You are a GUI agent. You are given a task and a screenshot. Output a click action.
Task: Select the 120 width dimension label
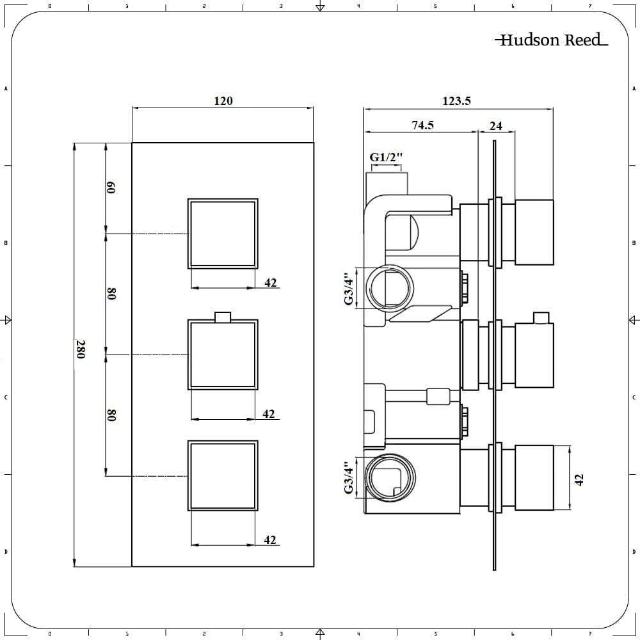223,101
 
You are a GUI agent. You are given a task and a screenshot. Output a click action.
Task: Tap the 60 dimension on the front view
111,188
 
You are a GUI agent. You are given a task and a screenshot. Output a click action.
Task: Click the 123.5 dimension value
456,101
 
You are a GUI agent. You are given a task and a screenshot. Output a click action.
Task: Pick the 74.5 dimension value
422,125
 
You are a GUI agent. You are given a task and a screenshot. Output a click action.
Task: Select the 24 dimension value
496,126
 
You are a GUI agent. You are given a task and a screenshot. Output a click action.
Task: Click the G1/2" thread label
387,157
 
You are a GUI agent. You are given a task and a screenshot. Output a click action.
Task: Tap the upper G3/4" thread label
349,289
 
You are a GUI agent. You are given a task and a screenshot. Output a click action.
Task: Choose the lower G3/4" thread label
349,477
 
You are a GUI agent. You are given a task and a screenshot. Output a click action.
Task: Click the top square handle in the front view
223,233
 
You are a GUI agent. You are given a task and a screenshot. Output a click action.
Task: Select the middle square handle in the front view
223,354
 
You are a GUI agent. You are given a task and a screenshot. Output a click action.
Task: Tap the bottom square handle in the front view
223,475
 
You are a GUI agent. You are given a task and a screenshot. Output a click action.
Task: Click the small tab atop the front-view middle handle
223,316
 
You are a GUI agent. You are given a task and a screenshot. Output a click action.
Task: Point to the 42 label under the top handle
271,282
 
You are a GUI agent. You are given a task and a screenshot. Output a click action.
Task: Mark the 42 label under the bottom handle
270,540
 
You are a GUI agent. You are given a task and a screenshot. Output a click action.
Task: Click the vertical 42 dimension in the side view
580,479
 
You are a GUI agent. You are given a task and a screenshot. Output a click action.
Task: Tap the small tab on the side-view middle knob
541,318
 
